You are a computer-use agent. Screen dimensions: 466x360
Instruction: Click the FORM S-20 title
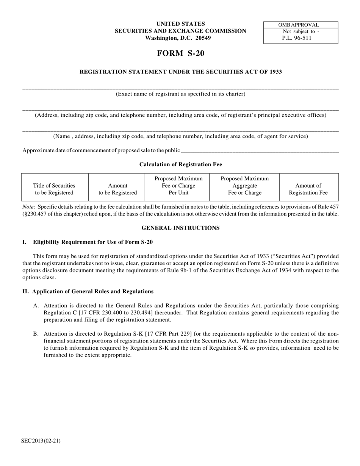[180, 53]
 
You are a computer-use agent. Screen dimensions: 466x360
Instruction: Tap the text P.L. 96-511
[297, 38]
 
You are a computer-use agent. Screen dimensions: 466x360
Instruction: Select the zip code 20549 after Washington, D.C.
[203, 38]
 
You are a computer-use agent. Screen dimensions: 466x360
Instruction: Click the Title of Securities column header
[54, 189]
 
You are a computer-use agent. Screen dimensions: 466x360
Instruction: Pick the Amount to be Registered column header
[117, 189]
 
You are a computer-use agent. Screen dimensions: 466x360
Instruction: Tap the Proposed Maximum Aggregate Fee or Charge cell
[244, 186]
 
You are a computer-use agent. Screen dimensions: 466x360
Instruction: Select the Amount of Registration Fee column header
[308, 189]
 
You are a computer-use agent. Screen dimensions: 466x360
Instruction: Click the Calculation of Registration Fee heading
[180, 164]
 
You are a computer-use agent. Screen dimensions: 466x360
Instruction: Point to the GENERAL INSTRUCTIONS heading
[180, 228]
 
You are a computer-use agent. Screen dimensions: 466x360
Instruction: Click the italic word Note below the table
[29, 207]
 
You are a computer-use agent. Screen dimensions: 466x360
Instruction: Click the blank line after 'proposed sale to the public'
[260, 151]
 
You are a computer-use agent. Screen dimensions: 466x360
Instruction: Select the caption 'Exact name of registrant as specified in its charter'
[180, 94]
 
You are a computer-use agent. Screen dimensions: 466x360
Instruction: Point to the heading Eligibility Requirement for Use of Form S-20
[93, 242]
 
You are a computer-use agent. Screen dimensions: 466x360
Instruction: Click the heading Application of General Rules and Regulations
[93, 291]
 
